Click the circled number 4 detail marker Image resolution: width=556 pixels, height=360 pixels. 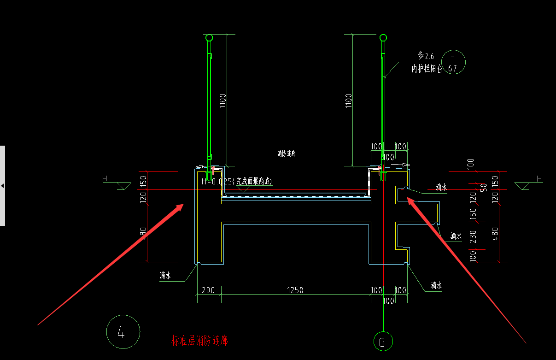point(123,332)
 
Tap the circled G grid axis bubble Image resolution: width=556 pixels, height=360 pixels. point(383,342)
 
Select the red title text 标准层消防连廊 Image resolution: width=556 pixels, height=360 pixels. point(199,341)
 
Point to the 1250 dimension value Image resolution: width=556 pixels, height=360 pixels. point(295,290)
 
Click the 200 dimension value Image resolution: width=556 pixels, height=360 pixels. point(209,290)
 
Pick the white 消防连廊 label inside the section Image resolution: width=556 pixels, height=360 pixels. point(287,153)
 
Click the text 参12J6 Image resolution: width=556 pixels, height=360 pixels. point(427,56)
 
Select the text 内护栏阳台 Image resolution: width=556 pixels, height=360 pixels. point(427,69)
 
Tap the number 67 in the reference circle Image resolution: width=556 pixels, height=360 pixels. point(452,69)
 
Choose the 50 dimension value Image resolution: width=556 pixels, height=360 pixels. point(484,188)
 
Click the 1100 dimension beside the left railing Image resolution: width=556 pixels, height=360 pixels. point(223,100)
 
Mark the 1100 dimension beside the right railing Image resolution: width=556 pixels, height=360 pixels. point(348,100)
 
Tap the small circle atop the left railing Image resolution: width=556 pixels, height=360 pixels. point(209,37)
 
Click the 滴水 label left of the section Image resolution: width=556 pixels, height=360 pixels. point(165,276)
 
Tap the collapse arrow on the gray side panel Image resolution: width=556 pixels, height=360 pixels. point(2,186)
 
